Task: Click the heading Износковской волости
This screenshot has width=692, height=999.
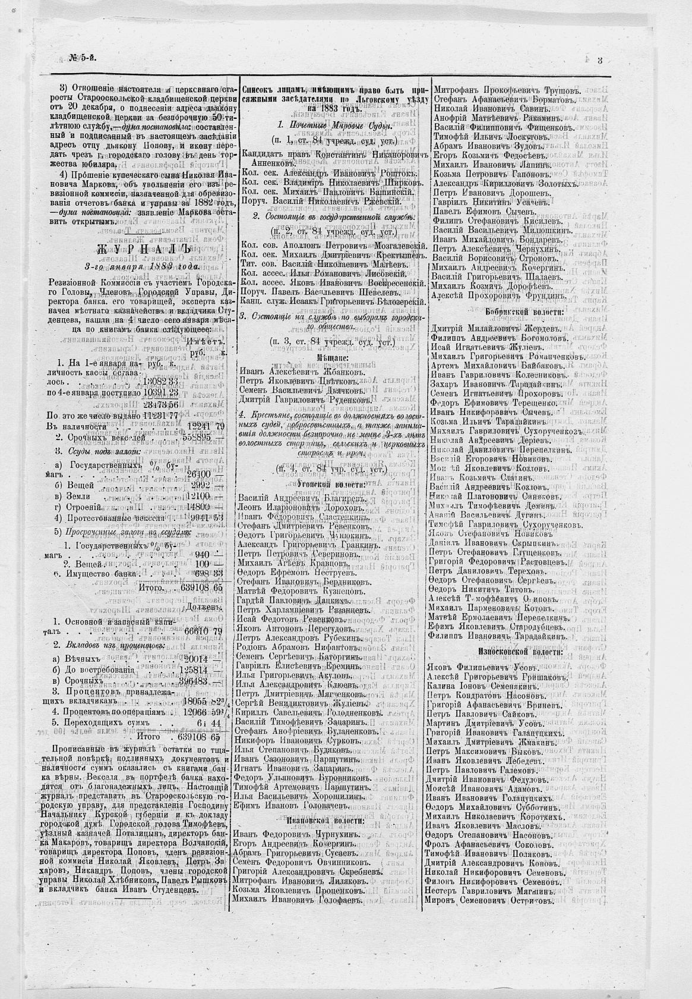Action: [x=519, y=651]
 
